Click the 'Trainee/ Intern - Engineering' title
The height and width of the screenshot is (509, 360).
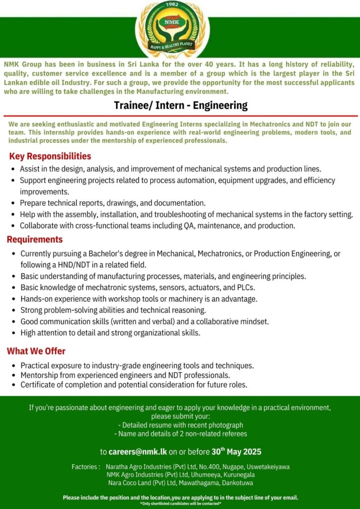tap(180, 105)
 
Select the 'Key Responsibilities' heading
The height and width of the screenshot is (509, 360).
tap(50, 157)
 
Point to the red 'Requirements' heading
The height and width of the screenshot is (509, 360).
tap(35, 240)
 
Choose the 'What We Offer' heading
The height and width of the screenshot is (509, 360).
tap(36, 351)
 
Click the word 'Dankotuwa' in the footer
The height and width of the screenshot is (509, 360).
tap(236, 483)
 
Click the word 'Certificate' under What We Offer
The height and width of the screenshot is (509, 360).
tap(37, 385)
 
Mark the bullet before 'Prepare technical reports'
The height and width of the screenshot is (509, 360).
tap(13, 203)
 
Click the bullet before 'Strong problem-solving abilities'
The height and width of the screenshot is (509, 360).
tap(13, 311)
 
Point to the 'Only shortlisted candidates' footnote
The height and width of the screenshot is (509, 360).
tap(180, 504)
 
